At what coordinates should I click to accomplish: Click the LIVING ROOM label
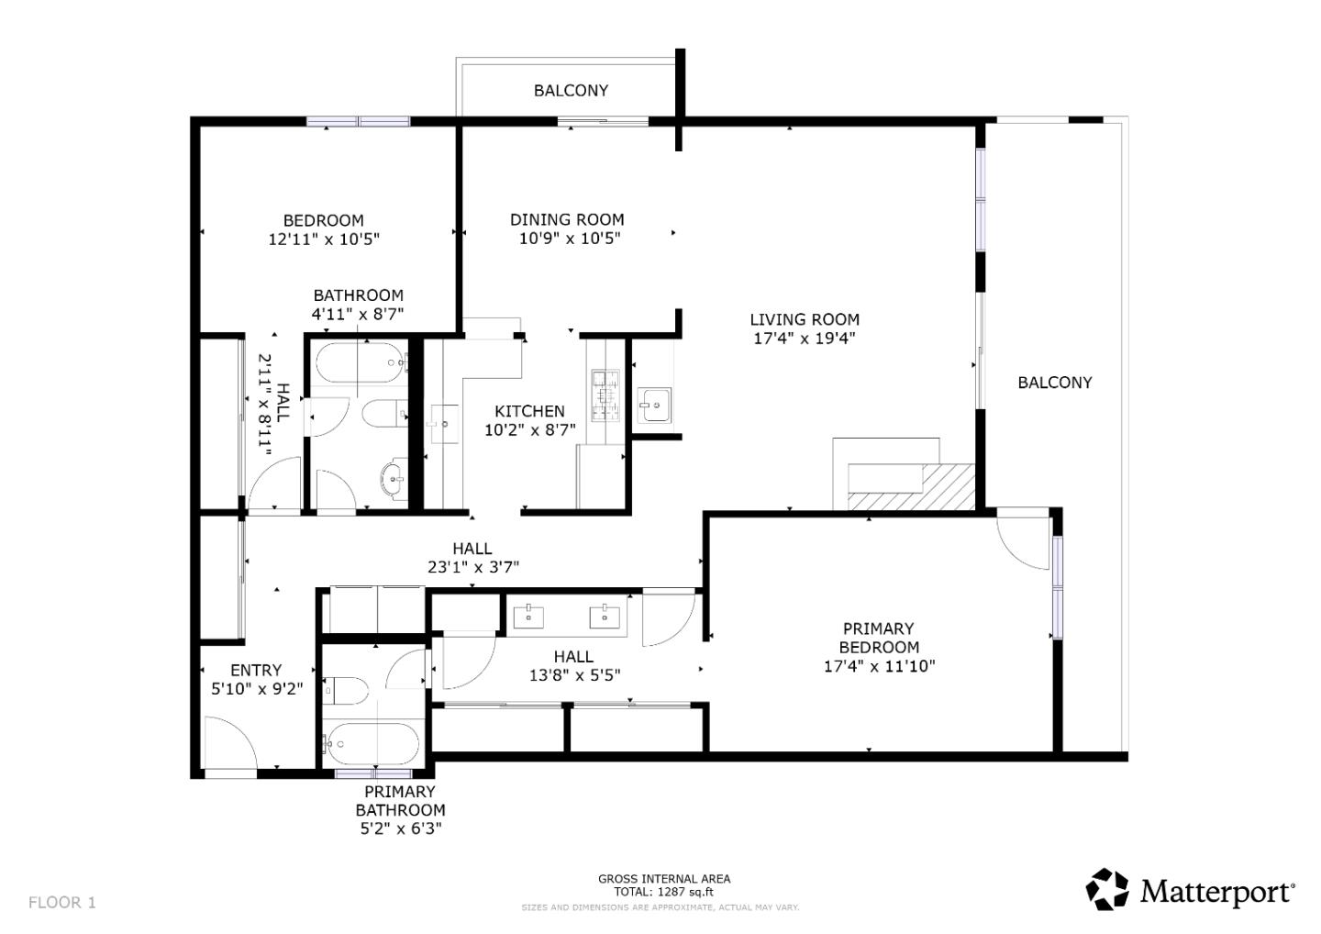[x=805, y=319]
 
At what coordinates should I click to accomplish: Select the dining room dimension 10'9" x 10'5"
[x=569, y=239]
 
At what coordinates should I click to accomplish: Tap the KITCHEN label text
[x=529, y=411]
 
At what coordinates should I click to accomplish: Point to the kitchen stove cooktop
[x=605, y=395]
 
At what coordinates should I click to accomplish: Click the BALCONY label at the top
[x=571, y=90]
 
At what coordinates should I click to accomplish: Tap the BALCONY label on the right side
[x=1054, y=383]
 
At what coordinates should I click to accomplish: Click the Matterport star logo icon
[x=1107, y=889]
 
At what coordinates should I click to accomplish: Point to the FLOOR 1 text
[x=61, y=902]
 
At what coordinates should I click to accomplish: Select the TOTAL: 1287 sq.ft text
[x=663, y=891]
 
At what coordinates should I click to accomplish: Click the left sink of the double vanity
[x=529, y=616]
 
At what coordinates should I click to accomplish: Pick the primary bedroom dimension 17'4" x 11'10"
[x=879, y=666]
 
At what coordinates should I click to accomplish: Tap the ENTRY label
[x=256, y=670]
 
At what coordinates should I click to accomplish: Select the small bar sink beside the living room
[x=655, y=404]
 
